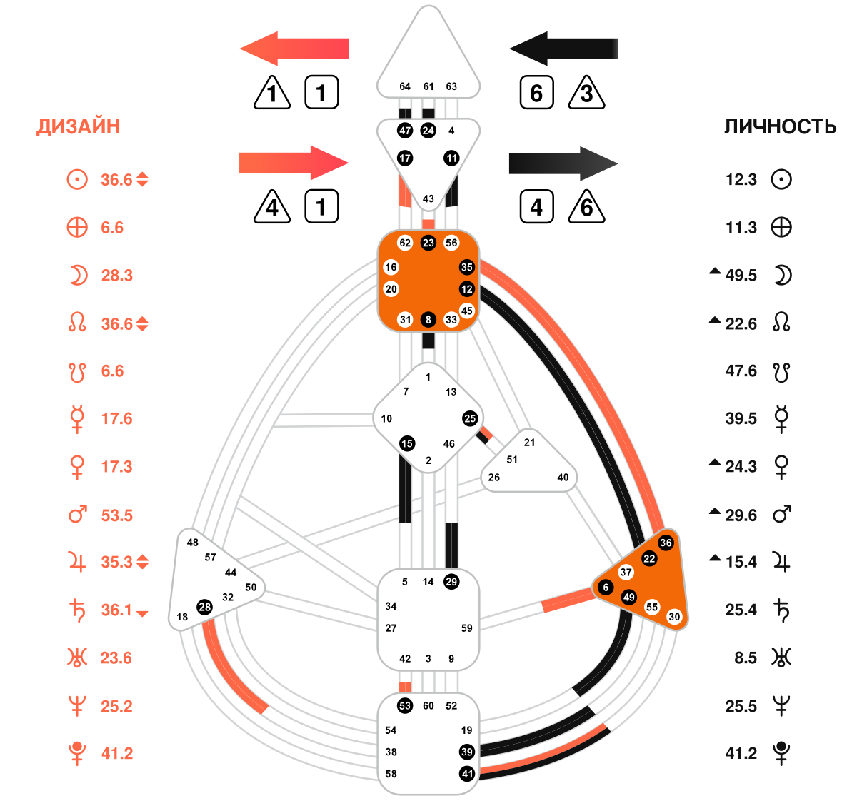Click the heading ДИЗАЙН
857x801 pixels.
click(78, 126)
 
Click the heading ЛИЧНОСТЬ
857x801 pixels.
click(780, 126)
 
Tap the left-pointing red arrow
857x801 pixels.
click(294, 49)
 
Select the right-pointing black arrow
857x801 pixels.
click(563, 163)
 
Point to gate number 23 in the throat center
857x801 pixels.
click(428, 243)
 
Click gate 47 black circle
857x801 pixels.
click(405, 131)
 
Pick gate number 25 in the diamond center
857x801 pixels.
click(470, 418)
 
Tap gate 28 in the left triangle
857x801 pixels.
click(204, 608)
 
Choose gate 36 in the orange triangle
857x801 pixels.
click(666, 543)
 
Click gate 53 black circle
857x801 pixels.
click(405, 705)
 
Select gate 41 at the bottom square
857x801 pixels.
click(467, 774)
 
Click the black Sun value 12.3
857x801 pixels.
click(741, 179)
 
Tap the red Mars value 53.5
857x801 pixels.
click(116, 515)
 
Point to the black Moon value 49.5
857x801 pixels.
click(741, 276)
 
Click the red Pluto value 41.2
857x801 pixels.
click(116, 753)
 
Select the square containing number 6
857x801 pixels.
click(537, 92)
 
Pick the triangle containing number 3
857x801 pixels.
click(586, 93)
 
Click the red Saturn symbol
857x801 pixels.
click(77, 610)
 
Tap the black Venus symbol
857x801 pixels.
click(781, 467)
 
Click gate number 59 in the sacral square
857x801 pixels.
click(466, 628)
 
